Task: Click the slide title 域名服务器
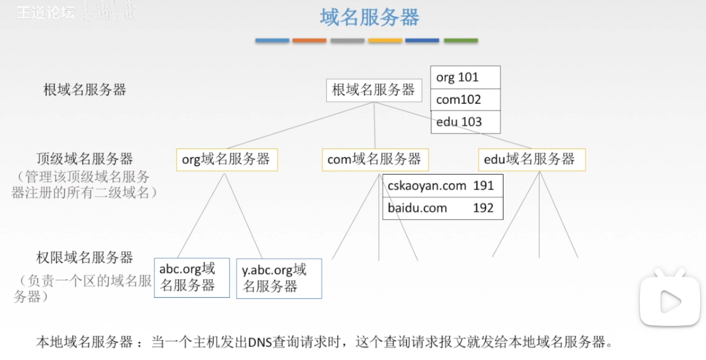369,17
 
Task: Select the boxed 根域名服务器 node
374,90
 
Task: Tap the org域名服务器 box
227,160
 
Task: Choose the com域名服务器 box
375,160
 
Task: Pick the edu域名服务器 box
532,160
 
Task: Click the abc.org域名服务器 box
192,278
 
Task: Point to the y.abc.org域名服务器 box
279,278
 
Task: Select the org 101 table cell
465,77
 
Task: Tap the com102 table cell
465,99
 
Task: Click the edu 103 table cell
465,122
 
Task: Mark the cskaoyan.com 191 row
442,186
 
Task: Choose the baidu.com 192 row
442,208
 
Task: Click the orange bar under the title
309,40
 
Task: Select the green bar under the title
461,40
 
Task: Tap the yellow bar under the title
385,40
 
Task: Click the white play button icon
670,301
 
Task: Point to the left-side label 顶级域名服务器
85,159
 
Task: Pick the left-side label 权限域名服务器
85,257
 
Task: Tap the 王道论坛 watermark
46,13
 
